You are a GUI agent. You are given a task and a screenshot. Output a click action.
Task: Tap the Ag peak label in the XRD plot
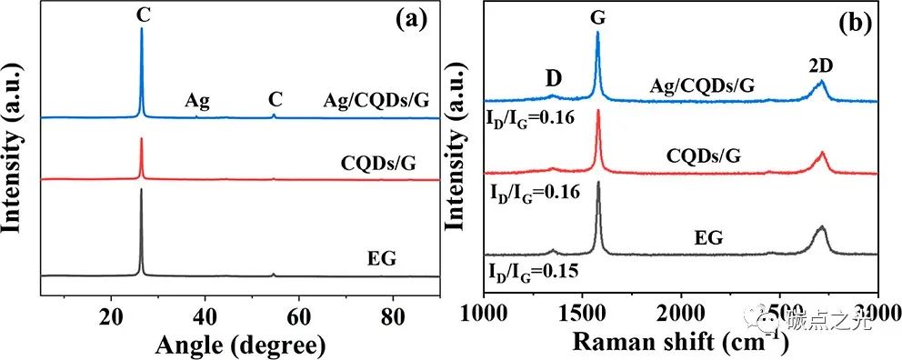pyautogui.click(x=197, y=100)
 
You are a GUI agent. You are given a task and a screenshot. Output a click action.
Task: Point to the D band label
pyautogui.click(x=553, y=80)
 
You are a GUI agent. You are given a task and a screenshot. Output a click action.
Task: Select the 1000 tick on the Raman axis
pyautogui.click(x=485, y=315)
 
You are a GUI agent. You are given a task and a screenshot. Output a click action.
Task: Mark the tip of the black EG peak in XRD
pyautogui.click(x=141, y=190)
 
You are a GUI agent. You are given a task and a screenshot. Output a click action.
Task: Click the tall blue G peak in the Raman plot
pyautogui.click(x=597, y=34)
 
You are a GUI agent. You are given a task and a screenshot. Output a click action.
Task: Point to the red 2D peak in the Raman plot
pyautogui.click(x=822, y=153)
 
